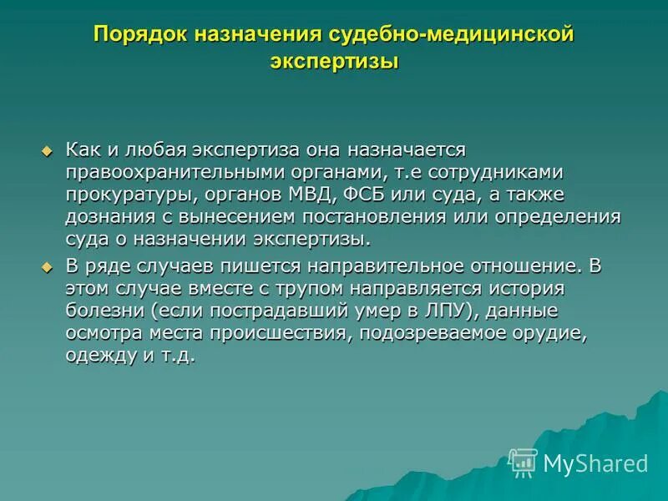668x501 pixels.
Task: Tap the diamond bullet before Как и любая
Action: pos(47,151)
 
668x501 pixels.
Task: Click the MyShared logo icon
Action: pos(523,462)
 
